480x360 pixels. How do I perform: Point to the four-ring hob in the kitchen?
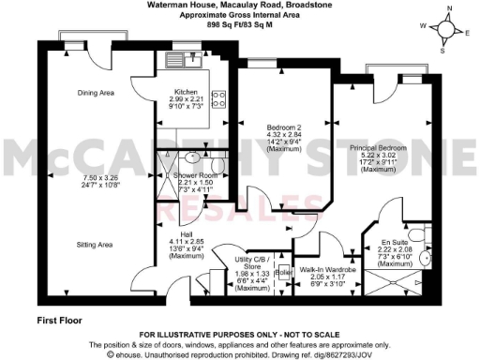coord(218,97)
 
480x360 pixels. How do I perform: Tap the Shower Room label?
coord(202,175)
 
